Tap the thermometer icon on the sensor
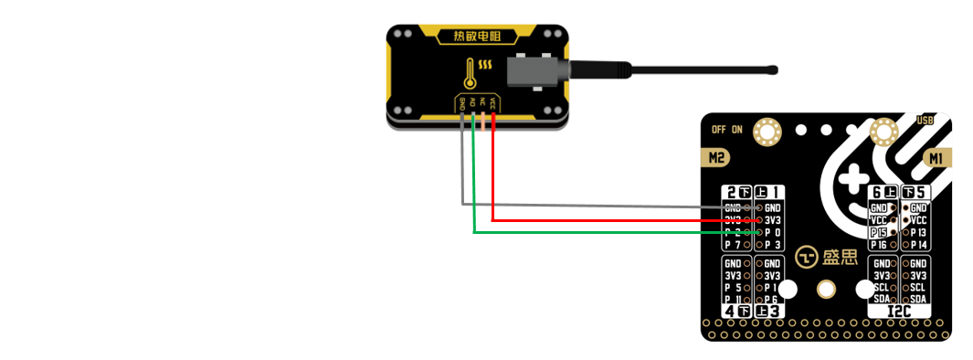470,72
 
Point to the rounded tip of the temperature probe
774,69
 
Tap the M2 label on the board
718,159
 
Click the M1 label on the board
936,159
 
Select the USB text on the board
925,121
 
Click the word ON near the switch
736,130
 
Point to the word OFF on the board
719,130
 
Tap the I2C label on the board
901,312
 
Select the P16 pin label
879,245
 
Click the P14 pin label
919,245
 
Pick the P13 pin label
919,232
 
